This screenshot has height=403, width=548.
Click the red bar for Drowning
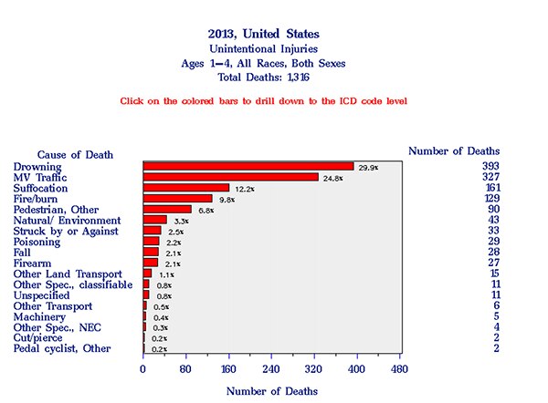click(x=248, y=166)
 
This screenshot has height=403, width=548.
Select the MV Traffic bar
click(x=231, y=177)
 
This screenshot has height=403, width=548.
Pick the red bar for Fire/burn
click(x=178, y=199)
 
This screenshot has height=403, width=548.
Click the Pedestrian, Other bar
click(x=168, y=209)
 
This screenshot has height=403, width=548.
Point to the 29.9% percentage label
click(x=369, y=167)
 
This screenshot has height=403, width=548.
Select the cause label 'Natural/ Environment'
click(x=67, y=220)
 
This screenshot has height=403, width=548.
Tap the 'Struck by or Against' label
click(x=66, y=231)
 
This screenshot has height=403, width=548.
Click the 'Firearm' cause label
click(x=35, y=263)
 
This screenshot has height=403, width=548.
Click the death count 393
click(x=490, y=166)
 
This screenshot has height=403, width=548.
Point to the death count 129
click(x=490, y=198)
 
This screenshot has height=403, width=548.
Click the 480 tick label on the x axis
click(x=399, y=369)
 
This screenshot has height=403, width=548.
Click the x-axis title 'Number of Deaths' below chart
click(x=273, y=390)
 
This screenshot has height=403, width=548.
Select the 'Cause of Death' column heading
click(x=75, y=154)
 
